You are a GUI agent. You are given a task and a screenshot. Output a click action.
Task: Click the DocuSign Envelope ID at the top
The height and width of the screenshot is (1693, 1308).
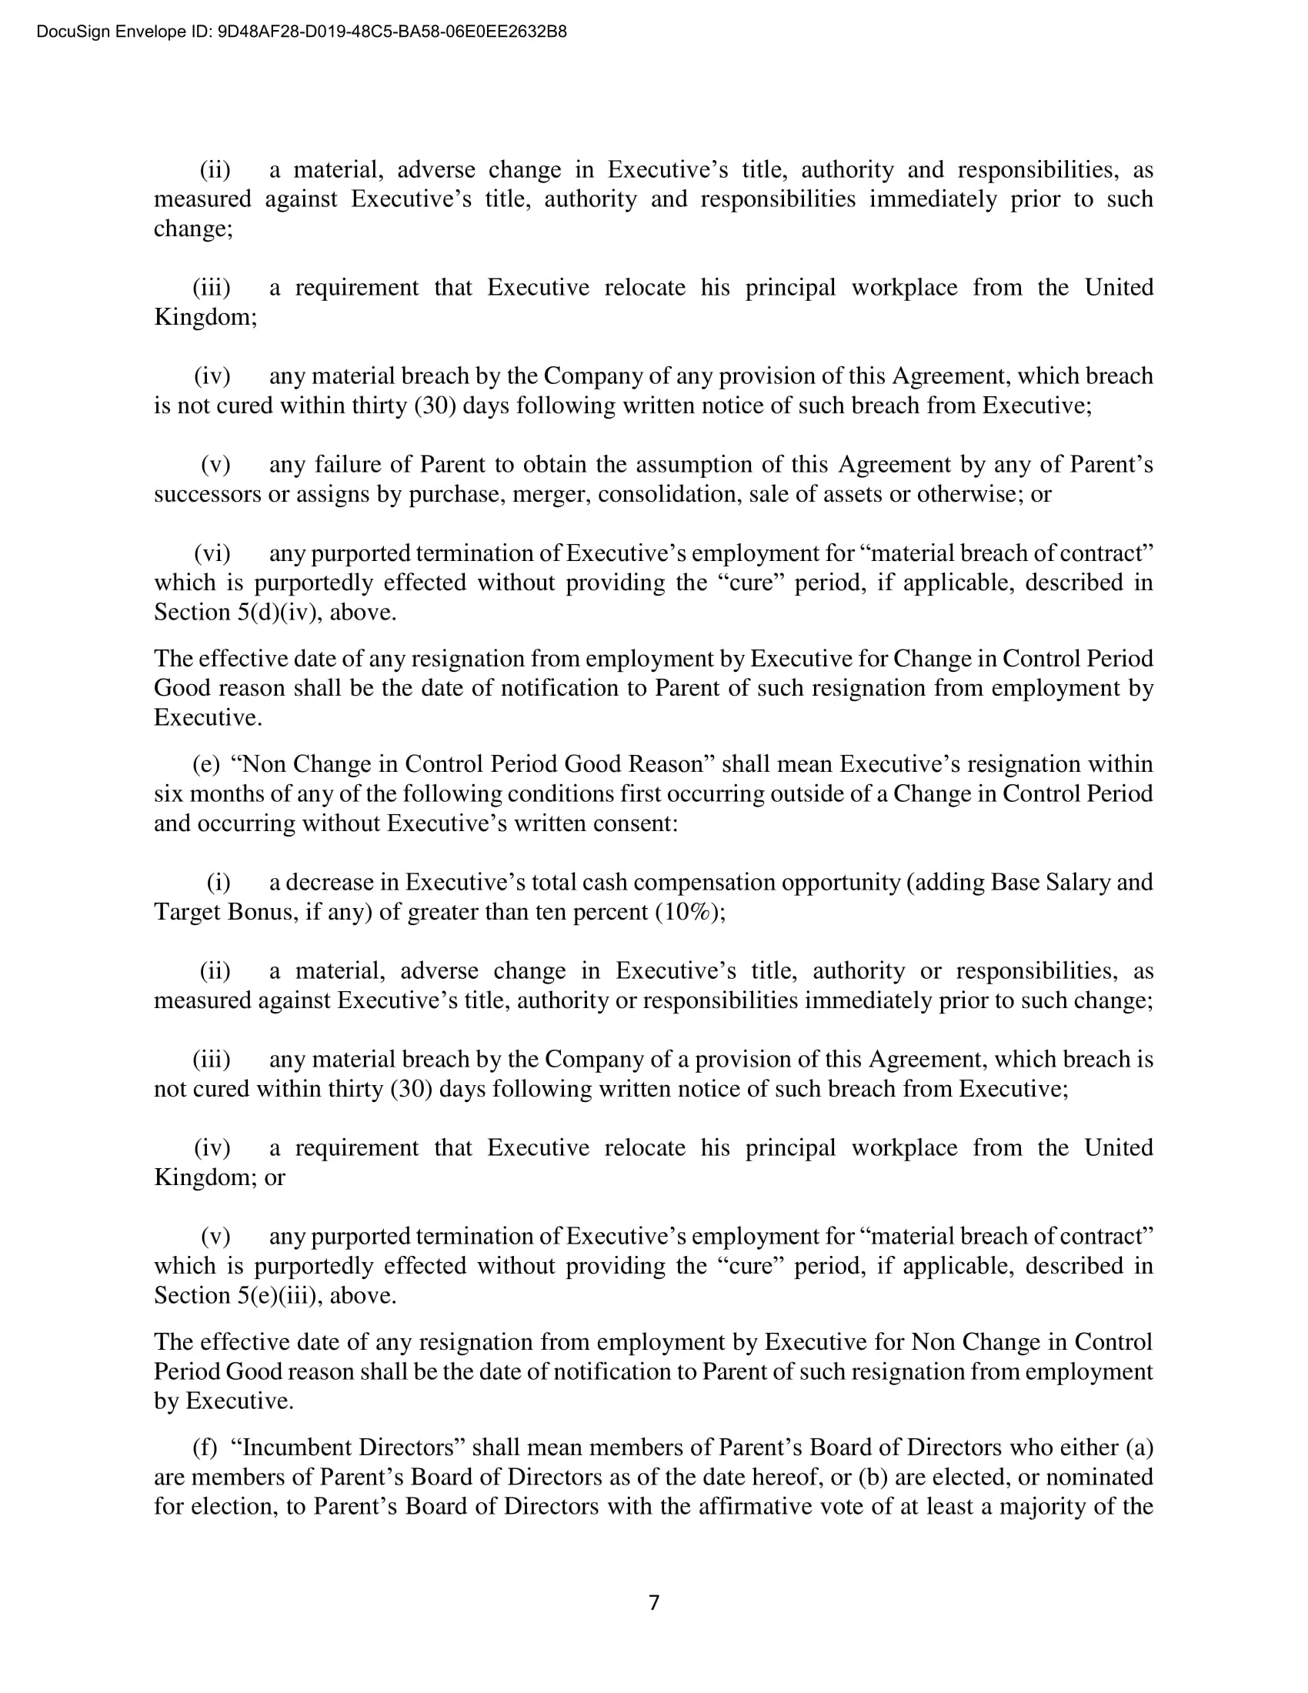pyautogui.click(x=302, y=32)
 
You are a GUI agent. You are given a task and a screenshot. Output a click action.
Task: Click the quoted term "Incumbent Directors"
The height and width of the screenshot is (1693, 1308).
pyautogui.click(x=349, y=1448)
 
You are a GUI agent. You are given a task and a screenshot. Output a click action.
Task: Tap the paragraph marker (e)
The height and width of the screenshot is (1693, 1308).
pyautogui.click(x=206, y=764)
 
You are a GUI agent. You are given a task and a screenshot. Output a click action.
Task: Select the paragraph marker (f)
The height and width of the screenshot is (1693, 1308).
pyautogui.click(x=205, y=1448)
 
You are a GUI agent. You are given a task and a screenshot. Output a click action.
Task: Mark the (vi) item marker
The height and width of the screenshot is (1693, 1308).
pyautogui.click(x=212, y=553)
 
